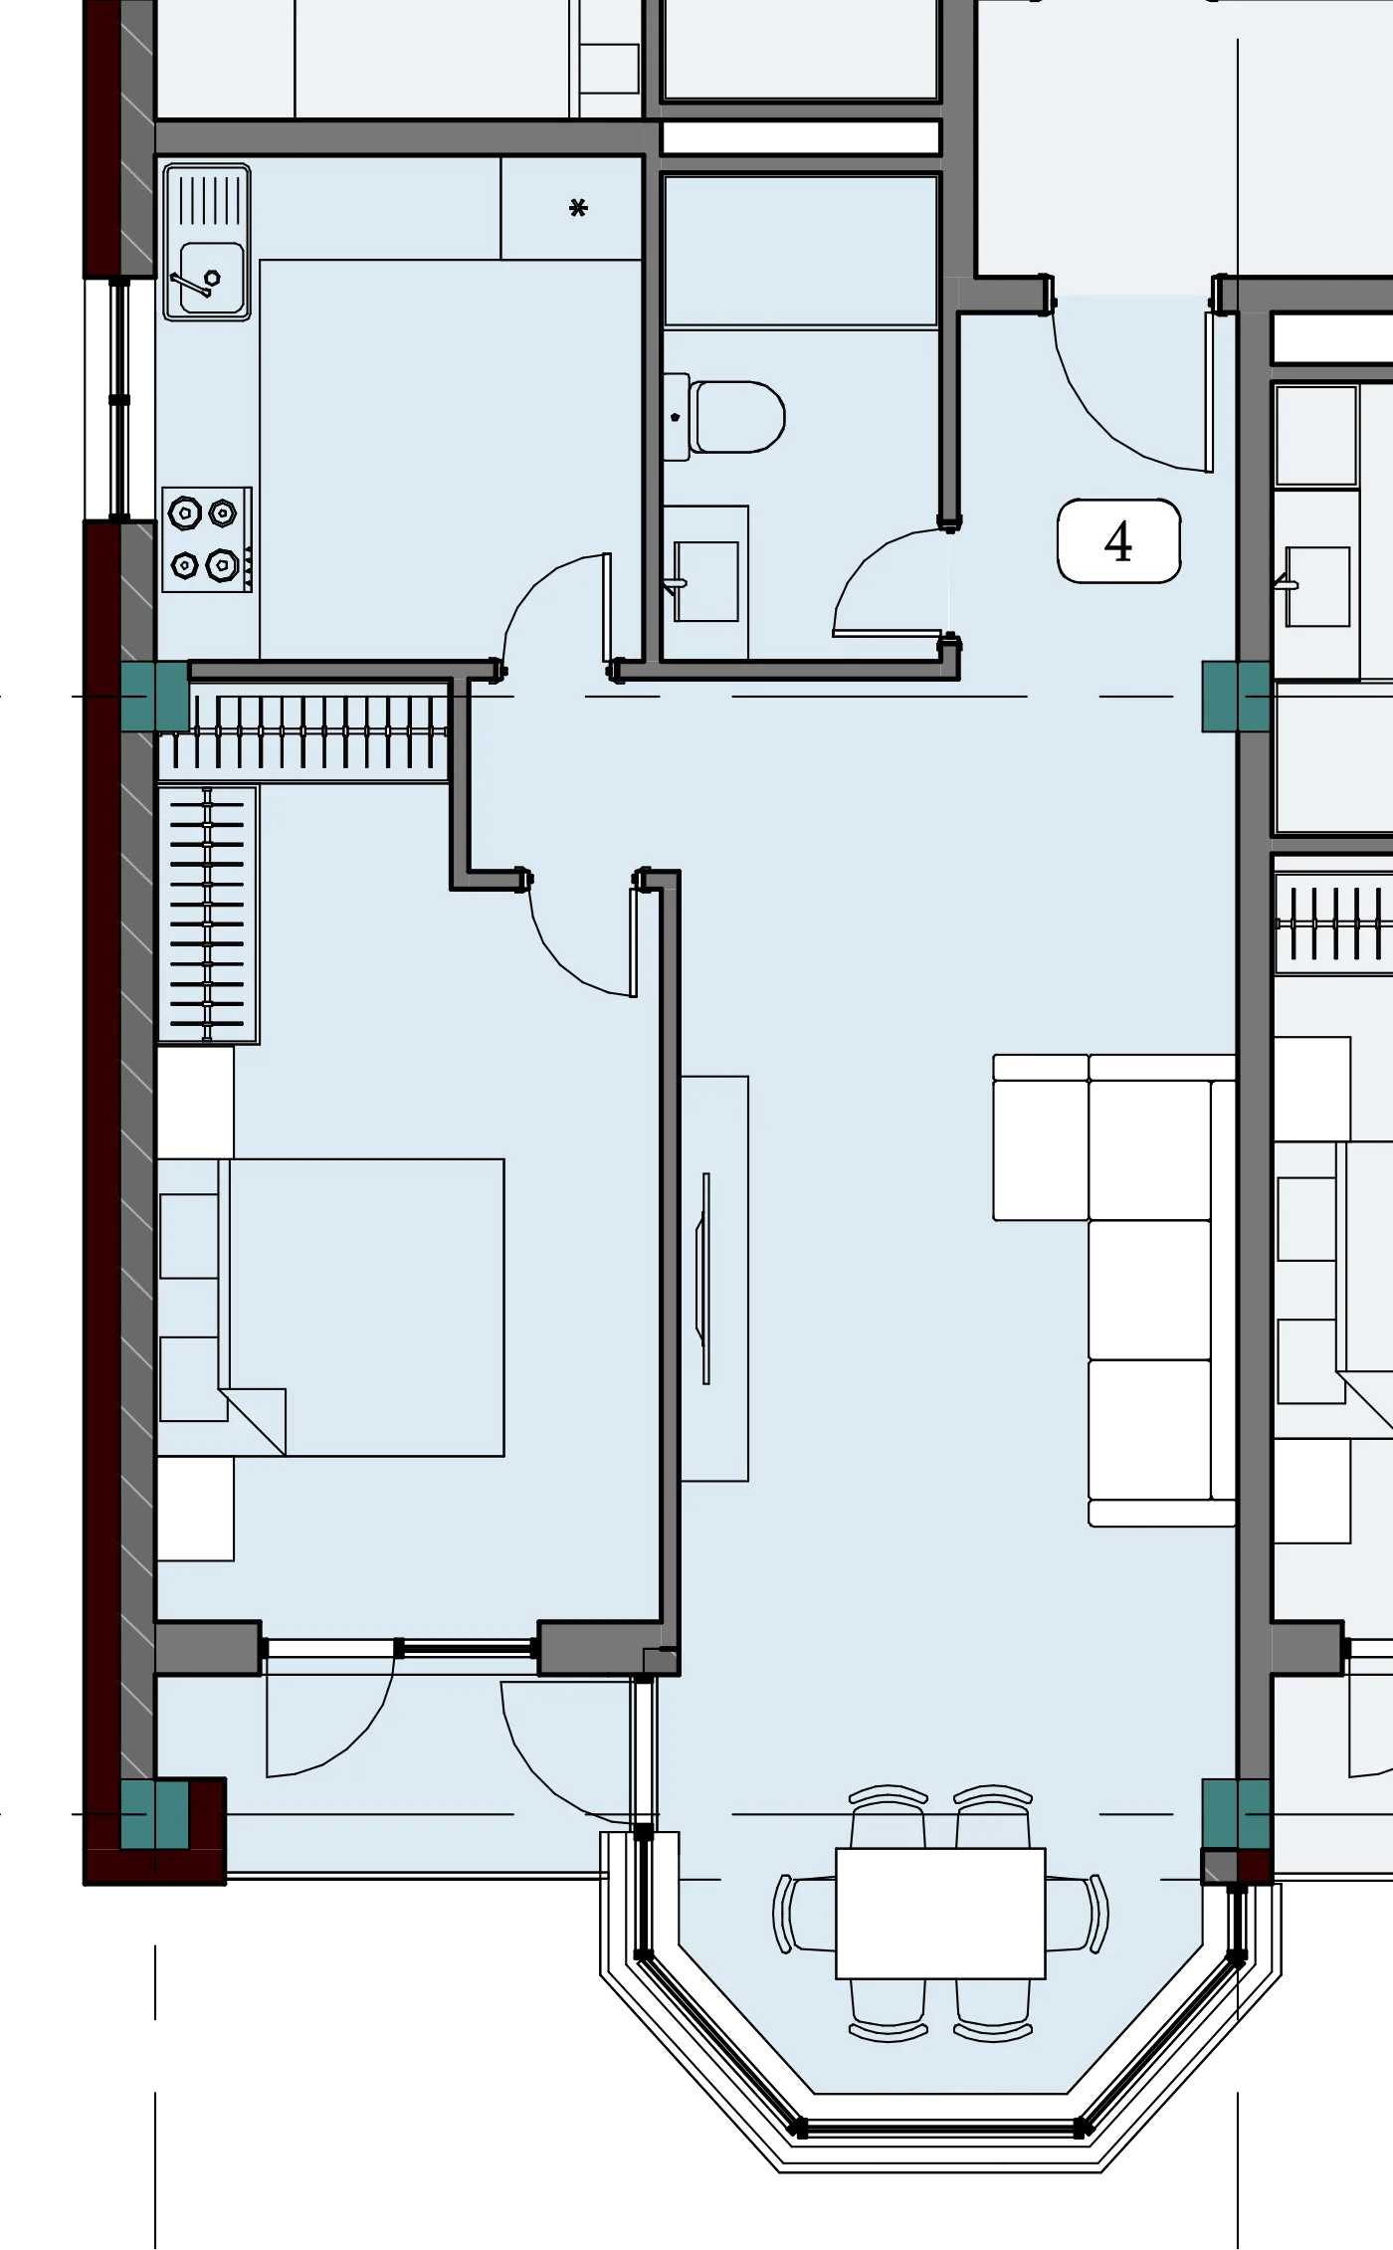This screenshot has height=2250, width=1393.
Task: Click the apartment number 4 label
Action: [x=1118, y=541]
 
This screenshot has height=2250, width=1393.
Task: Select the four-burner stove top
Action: [x=207, y=539]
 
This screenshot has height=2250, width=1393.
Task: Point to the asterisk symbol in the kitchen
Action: [x=578, y=208]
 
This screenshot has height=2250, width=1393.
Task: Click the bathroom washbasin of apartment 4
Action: [x=705, y=581]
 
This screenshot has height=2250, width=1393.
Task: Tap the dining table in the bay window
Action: [x=940, y=1913]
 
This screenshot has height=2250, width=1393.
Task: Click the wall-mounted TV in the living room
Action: [x=705, y=1278]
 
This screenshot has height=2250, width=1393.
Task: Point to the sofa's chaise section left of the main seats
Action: [x=1041, y=1136]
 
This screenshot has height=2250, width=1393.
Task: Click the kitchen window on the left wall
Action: [x=119, y=399]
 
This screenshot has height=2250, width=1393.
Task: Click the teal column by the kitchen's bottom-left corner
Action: [x=154, y=698]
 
